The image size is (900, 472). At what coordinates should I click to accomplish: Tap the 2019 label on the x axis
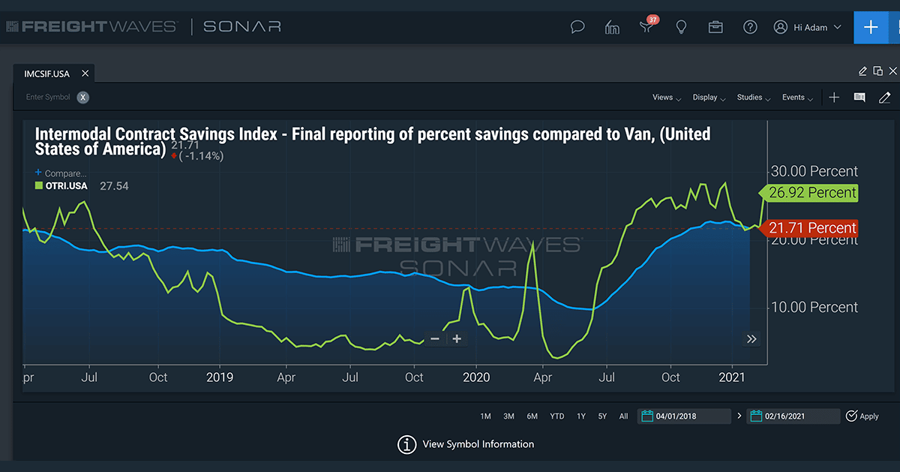point(220,377)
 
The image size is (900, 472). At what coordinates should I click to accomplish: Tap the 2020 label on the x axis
point(476,377)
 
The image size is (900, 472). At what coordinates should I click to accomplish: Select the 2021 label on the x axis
point(732,377)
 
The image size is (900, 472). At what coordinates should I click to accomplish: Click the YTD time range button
point(556,416)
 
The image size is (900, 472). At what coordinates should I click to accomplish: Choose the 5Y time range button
point(602,416)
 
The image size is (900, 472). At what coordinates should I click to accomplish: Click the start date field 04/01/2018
point(684,416)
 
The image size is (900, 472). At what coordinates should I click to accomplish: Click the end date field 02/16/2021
point(793,416)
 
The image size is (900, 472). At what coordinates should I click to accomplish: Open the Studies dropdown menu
point(752,98)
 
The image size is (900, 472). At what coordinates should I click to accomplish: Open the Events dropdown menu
point(796,98)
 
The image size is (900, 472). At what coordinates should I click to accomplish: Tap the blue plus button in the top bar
point(871,27)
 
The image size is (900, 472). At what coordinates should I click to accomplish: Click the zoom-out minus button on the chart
point(435,338)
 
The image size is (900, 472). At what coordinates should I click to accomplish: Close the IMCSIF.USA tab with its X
point(85,74)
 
